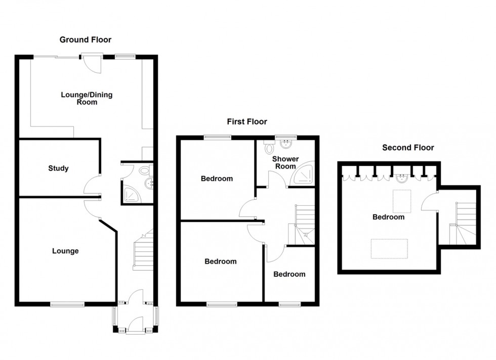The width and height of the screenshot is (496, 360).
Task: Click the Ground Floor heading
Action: pyautogui.click(x=86, y=39)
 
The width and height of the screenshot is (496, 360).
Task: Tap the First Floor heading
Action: pyautogui.click(x=246, y=121)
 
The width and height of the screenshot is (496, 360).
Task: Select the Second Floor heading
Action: pyautogui.click(x=408, y=148)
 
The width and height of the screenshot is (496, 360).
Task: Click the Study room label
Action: pyautogui.click(x=58, y=168)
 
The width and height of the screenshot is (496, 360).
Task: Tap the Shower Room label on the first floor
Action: pyautogui.click(x=285, y=163)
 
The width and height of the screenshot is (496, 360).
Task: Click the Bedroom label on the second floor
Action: pyautogui.click(x=388, y=217)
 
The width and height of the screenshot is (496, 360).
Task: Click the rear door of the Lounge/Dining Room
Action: pyautogui.click(x=93, y=63)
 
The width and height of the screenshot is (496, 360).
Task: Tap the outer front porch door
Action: pyautogui.click(x=135, y=324)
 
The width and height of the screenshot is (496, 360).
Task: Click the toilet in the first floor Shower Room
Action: pyautogui.click(x=269, y=147)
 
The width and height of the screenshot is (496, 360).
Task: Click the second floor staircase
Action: pyautogui.click(x=464, y=223)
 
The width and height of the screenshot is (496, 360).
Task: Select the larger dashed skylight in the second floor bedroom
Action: pyautogui.click(x=390, y=248)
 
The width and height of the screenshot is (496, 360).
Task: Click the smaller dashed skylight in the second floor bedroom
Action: pyautogui.click(x=402, y=201)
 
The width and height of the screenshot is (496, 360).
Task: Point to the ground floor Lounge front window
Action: pyautogui.click(x=67, y=304)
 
